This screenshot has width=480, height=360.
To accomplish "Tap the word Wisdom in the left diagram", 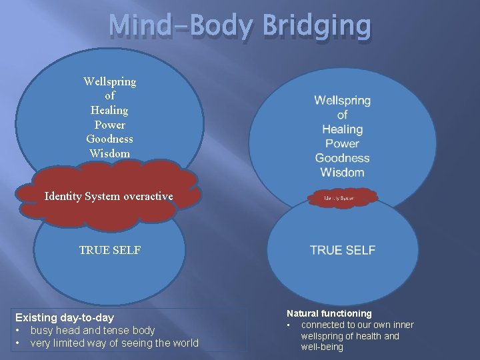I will (x=109, y=153).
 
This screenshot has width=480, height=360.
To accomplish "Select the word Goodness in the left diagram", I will (x=109, y=139).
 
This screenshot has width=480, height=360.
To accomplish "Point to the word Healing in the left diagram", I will (x=109, y=110).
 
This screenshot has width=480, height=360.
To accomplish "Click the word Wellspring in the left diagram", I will (x=109, y=81).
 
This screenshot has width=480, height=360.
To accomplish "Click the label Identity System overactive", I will (x=109, y=196).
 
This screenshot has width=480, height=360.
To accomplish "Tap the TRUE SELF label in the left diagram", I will (x=110, y=250).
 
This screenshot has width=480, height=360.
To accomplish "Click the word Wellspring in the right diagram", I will (x=342, y=101).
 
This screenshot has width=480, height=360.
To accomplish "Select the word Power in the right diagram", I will (x=342, y=143).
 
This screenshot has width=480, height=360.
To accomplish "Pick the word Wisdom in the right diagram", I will (x=342, y=173).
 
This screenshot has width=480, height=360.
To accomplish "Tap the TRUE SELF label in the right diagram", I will (x=343, y=250).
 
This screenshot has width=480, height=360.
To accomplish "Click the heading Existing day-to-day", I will (x=65, y=317).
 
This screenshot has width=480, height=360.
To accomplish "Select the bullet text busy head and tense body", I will (x=92, y=330).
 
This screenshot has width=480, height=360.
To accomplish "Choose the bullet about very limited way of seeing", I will (x=114, y=343).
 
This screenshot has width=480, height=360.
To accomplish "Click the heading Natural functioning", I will (x=329, y=313).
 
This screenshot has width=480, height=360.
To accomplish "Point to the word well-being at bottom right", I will (x=322, y=347).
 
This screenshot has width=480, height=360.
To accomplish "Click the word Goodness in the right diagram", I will (x=342, y=158).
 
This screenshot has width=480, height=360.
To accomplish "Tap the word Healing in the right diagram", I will (x=342, y=129).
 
